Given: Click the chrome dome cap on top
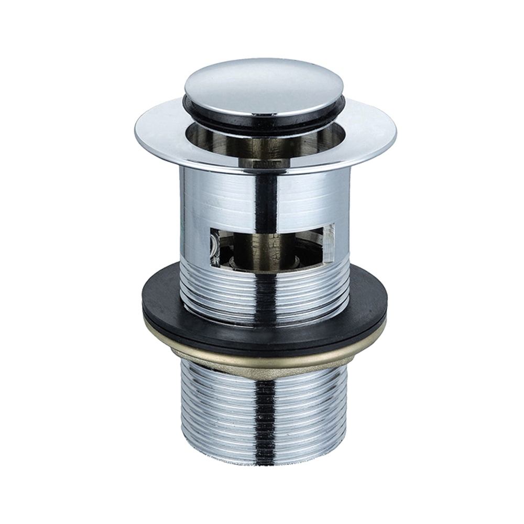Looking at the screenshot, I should click(x=264, y=84).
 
